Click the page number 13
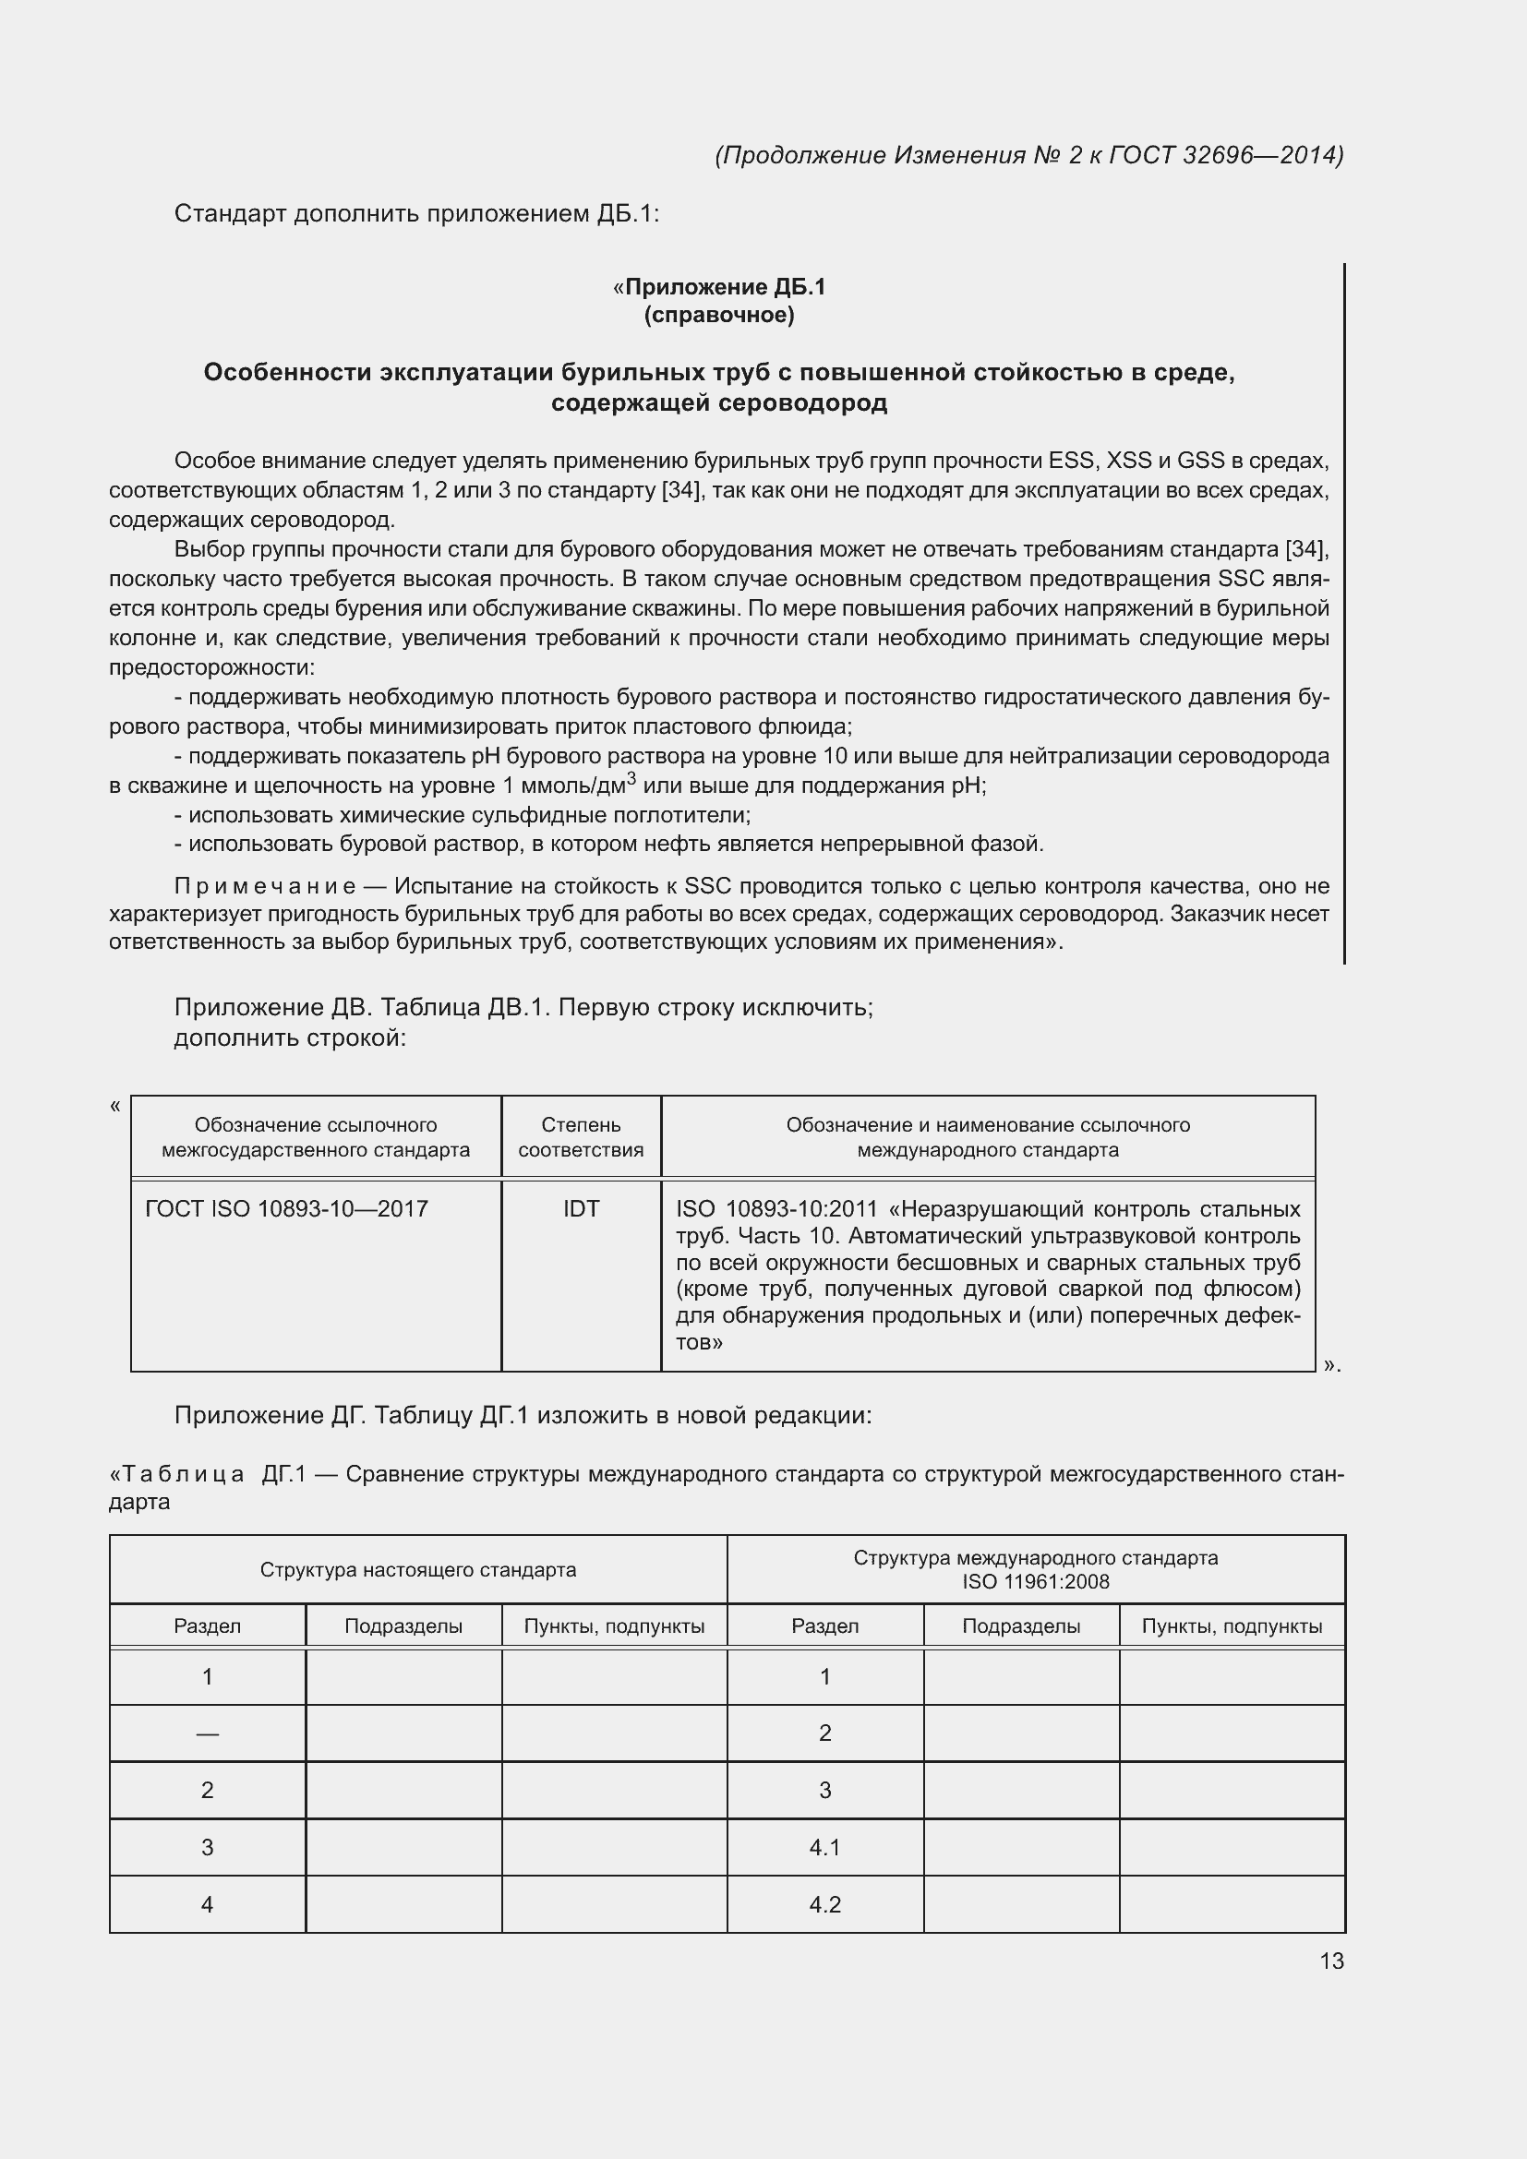[1331, 1961]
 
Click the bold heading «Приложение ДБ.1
[718, 287]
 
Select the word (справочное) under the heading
[718, 315]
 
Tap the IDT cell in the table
[580, 1208]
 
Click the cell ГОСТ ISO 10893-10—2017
[287, 1208]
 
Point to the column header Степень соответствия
[580, 1137]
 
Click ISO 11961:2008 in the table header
[1035, 1582]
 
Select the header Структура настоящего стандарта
[417, 1569]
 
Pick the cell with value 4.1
[824, 1847]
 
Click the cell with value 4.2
[824, 1904]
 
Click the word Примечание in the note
[265, 886]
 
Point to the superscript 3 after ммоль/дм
[631, 777]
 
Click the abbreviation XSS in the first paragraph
[1128, 461]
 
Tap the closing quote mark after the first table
[1329, 1365]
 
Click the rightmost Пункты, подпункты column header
[1232, 1625]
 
